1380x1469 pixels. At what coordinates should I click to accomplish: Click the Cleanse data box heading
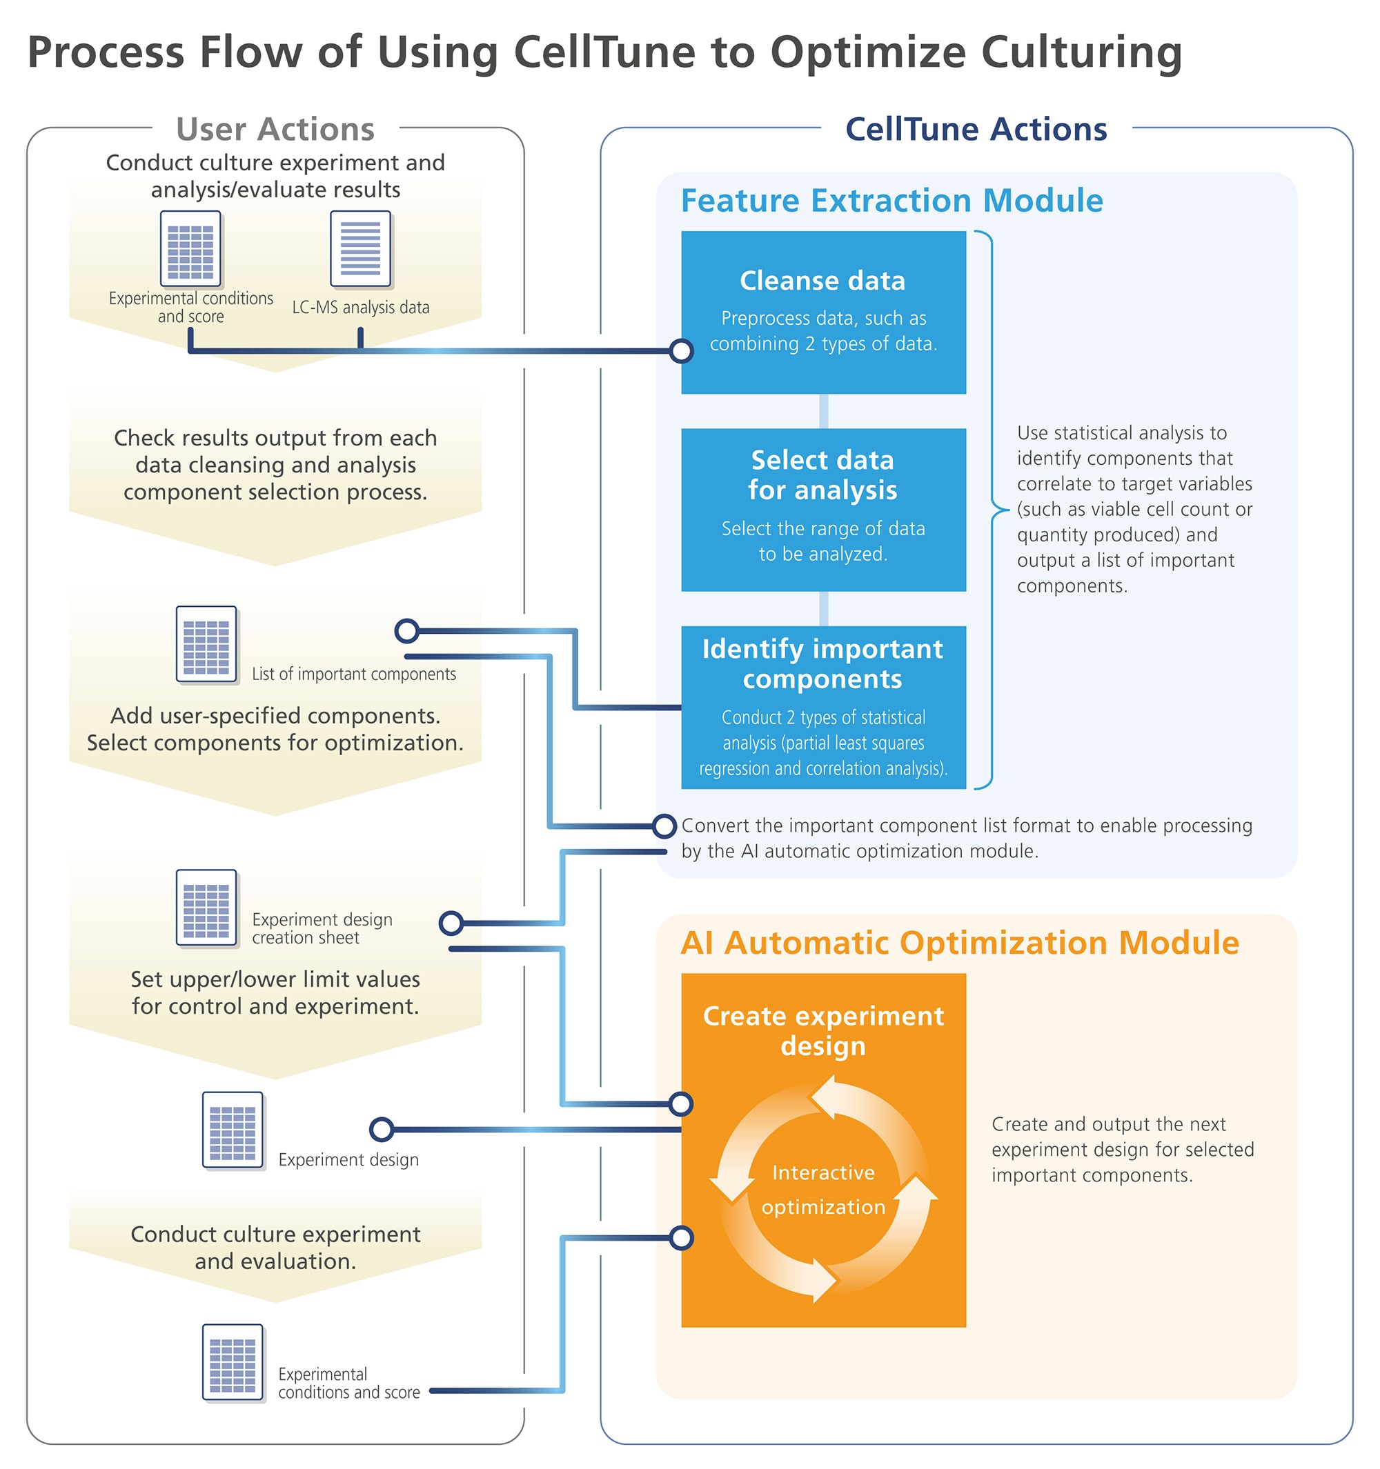(822, 281)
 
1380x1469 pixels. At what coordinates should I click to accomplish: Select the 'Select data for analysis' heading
(822, 474)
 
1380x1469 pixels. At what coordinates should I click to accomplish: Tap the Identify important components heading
(822, 663)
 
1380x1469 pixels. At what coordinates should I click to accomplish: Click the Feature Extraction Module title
(891, 200)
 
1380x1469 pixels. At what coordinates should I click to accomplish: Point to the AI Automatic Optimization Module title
(959, 943)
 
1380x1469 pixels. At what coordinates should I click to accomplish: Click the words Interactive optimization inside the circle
(822, 1189)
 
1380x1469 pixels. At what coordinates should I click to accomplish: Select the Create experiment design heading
(822, 1031)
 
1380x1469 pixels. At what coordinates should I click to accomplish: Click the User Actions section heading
(275, 130)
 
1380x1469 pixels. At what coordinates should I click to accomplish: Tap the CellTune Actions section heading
(976, 130)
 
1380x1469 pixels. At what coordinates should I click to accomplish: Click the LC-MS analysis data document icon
(360, 248)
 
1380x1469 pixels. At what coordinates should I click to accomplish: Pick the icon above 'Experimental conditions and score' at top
(190, 248)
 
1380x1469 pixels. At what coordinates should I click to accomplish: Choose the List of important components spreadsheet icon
(206, 643)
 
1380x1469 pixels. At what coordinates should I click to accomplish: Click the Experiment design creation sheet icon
(206, 908)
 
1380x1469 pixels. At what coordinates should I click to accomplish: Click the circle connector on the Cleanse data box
(681, 351)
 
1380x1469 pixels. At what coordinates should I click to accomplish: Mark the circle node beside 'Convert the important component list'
(664, 826)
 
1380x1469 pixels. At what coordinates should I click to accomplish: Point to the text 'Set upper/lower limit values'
(275, 979)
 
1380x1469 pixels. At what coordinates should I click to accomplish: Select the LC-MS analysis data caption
(361, 308)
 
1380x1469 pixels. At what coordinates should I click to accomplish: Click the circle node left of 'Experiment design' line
(382, 1129)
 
